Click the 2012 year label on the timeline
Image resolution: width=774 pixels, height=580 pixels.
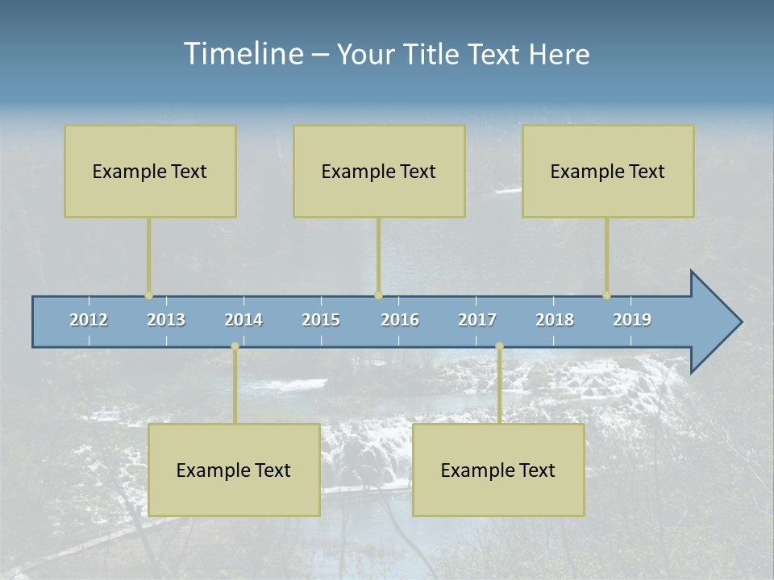(89, 320)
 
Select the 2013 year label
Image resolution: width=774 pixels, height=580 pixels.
(166, 320)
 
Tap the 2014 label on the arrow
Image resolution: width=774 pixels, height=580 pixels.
(243, 320)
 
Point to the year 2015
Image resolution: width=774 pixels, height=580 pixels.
(321, 320)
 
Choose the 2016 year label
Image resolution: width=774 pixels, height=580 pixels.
(400, 320)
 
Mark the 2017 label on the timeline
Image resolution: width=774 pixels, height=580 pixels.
(477, 320)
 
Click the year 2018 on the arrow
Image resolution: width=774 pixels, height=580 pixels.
(555, 320)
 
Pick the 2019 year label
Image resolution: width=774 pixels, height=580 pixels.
(632, 320)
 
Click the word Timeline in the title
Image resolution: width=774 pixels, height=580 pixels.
(242, 54)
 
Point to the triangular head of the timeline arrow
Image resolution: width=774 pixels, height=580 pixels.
(714, 322)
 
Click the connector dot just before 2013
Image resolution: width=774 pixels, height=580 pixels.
(148, 296)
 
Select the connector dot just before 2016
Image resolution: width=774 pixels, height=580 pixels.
(378, 296)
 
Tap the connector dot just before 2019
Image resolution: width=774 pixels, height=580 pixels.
(607, 296)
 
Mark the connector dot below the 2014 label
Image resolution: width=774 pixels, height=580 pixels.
(235, 346)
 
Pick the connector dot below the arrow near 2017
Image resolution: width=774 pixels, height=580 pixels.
(499, 346)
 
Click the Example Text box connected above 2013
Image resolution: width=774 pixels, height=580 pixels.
(150, 171)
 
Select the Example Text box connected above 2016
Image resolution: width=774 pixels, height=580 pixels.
(379, 171)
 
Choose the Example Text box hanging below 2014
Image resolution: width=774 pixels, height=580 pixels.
(234, 470)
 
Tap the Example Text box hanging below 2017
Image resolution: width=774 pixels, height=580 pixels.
(498, 470)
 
